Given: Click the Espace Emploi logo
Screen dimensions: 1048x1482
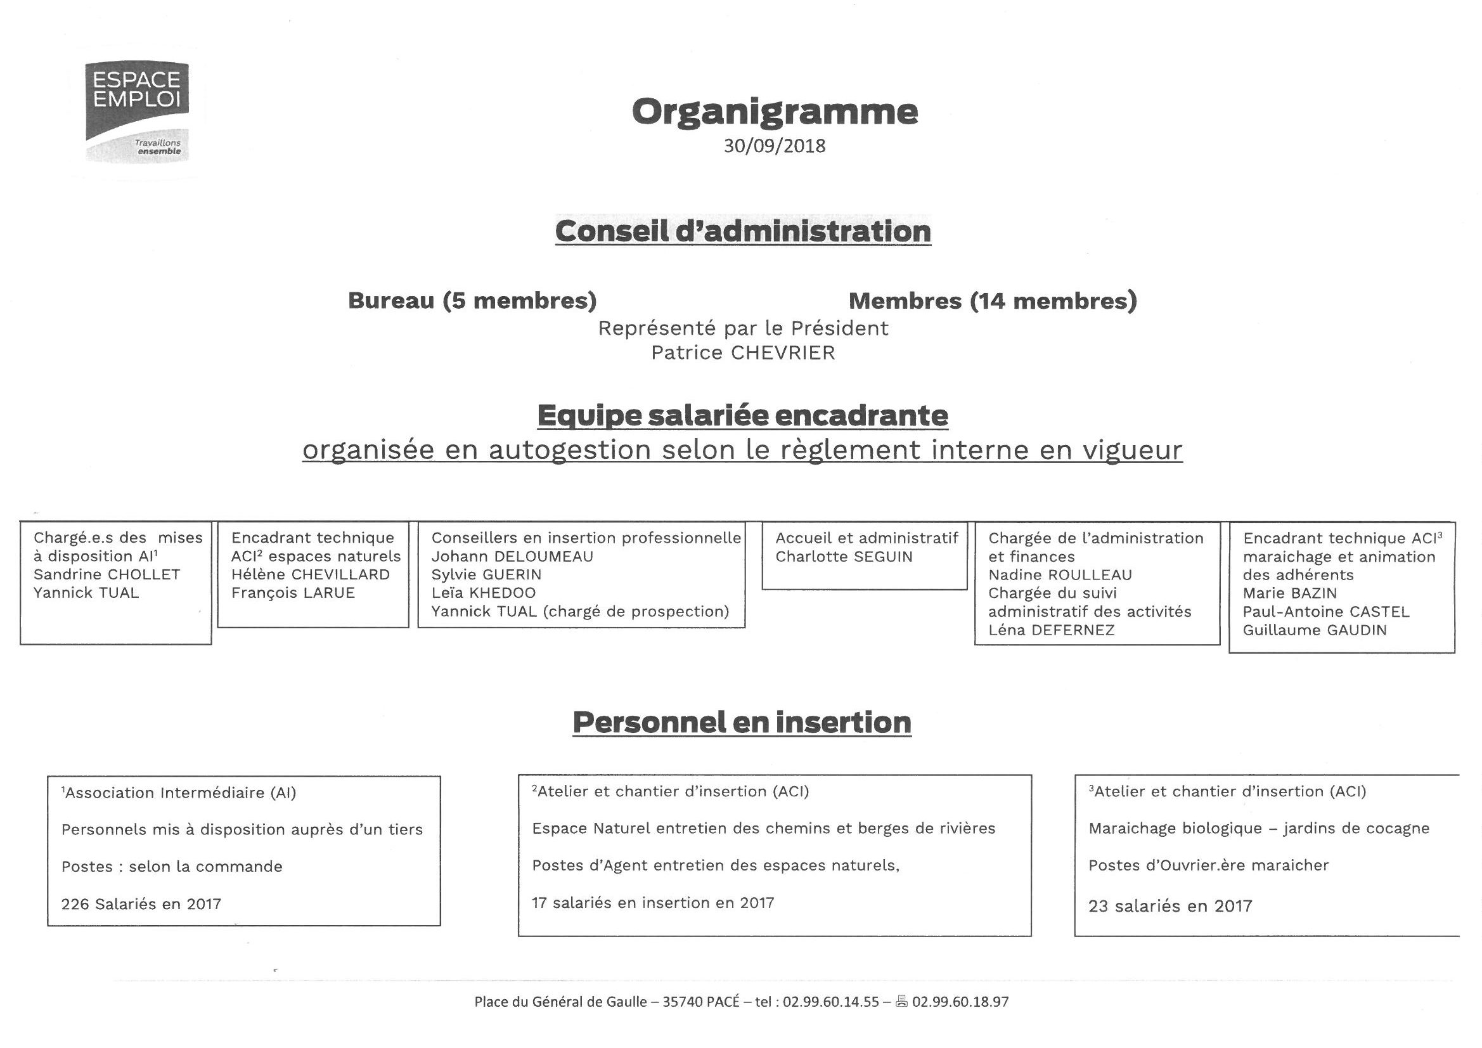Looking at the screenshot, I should coord(138,110).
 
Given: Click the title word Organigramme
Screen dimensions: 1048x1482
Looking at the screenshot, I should coord(774,111).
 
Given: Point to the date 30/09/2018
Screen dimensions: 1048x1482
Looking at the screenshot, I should coord(774,146).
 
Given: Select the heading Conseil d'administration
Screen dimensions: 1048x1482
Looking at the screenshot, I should coord(742,231).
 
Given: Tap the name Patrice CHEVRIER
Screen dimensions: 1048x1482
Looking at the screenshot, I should coord(742,353).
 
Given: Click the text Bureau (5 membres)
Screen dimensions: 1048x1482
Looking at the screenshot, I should coord(472,301).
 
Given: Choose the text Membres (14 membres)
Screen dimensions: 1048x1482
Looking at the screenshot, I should coord(992,301).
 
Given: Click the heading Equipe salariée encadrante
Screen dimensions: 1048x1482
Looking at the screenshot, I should coord(742,415).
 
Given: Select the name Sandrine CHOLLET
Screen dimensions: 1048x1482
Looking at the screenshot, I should coord(106,574).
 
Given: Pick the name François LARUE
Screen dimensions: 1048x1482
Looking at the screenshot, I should coord(293,593).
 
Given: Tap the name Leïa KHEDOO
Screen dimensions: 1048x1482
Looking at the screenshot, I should coord(483,593).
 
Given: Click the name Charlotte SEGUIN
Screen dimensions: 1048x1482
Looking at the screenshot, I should coord(844,557).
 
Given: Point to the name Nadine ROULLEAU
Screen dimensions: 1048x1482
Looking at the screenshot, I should coord(1060,574).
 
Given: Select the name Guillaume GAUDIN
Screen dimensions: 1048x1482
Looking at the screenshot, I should coord(1314,630).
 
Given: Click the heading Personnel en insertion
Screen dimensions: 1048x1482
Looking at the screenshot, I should coord(742,722).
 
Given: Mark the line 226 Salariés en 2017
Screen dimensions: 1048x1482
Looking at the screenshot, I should coord(141,904).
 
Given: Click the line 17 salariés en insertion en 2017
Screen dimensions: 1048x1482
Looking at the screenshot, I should coord(652,903).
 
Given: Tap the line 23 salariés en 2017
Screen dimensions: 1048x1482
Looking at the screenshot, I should coord(1169,906).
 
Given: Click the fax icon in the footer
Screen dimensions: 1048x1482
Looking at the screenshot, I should coord(901,1002).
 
